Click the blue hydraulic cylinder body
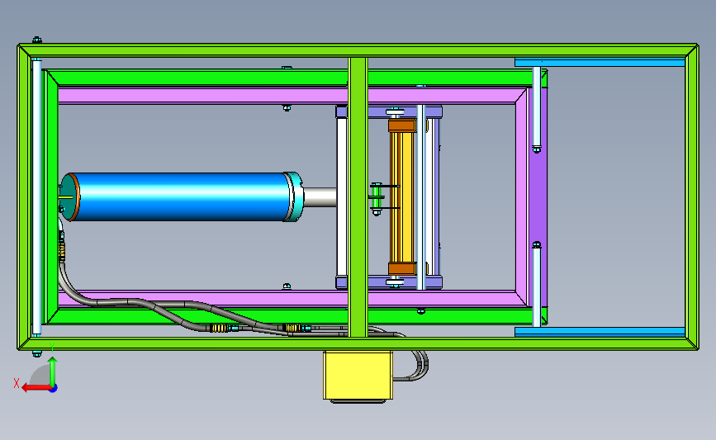point(180,196)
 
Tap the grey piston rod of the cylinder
point(320,196)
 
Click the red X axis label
point(17,383)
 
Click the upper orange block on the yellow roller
point(402,125)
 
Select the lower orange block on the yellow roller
point(402,268)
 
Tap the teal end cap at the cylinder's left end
point(69,197)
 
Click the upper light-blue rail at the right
point(600,62)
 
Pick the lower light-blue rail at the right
point(600,332)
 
